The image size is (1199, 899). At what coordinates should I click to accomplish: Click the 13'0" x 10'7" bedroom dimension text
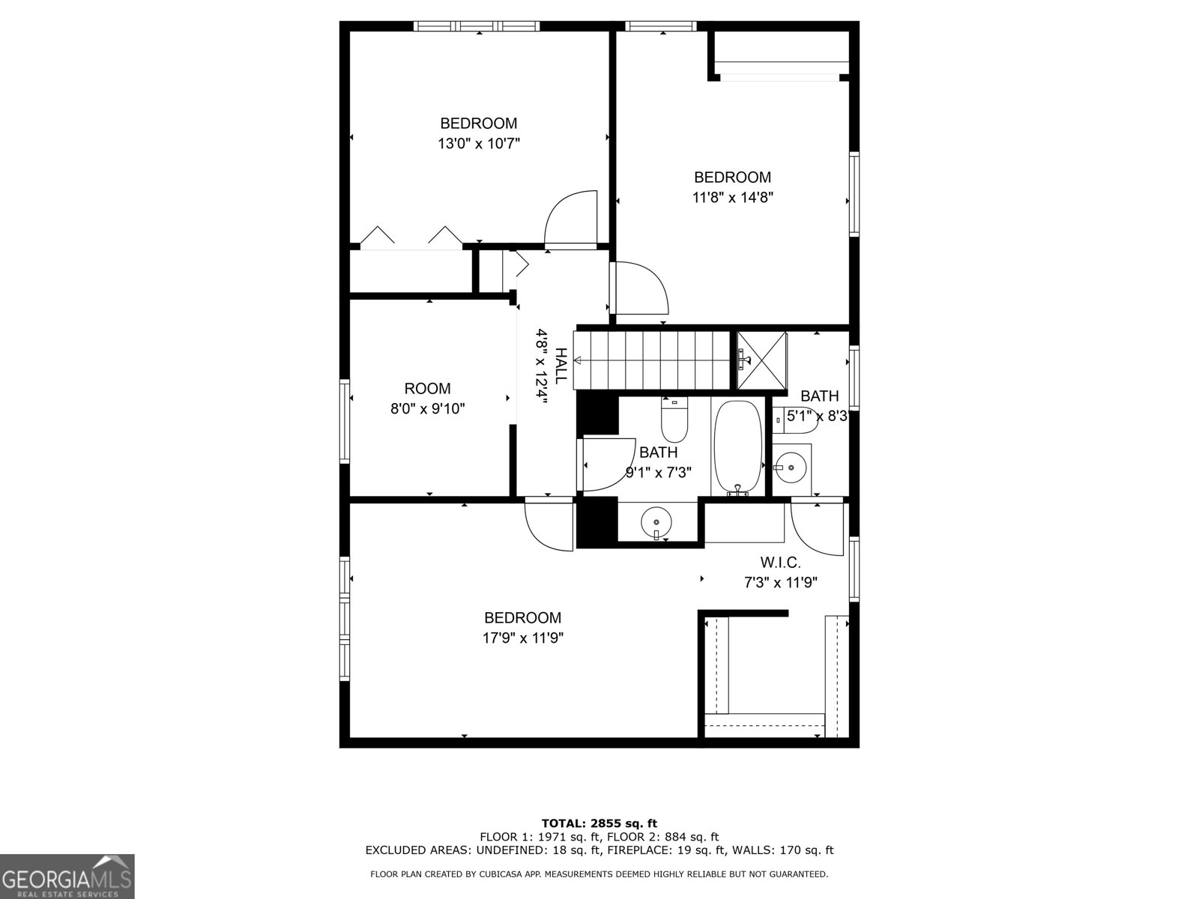[479, 144]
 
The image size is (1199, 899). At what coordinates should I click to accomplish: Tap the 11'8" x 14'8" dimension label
[732, 198]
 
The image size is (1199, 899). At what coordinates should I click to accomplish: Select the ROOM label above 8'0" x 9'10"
[427, 389]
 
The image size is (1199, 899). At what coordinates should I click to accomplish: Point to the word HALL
[561, 365]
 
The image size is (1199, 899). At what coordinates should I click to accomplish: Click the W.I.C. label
[781, 562]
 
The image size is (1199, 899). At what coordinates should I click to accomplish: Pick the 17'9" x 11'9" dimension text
[523, 638]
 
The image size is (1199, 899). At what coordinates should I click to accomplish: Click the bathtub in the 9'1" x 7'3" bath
[739, 447]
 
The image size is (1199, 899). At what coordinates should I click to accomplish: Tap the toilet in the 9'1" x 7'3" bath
[674, 420]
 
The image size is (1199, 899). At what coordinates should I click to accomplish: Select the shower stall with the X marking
[762, 360]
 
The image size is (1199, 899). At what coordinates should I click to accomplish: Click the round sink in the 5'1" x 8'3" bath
[791, 467]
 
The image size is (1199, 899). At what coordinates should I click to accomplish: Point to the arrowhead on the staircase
[577, 361]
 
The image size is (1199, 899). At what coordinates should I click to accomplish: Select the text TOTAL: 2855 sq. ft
[599, 823]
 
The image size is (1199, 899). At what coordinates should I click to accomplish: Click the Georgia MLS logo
[67, 877]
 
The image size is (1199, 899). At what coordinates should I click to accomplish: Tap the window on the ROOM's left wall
[344, 421]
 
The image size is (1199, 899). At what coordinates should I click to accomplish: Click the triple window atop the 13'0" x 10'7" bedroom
[477, 25]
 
